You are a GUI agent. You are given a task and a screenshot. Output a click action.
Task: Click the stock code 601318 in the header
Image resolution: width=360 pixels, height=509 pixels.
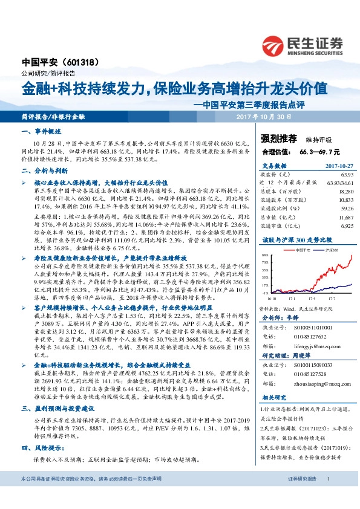78,62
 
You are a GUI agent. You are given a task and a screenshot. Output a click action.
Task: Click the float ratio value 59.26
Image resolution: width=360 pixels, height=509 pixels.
345,210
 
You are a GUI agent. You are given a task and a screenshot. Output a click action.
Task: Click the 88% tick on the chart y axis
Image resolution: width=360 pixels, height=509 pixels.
265,254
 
